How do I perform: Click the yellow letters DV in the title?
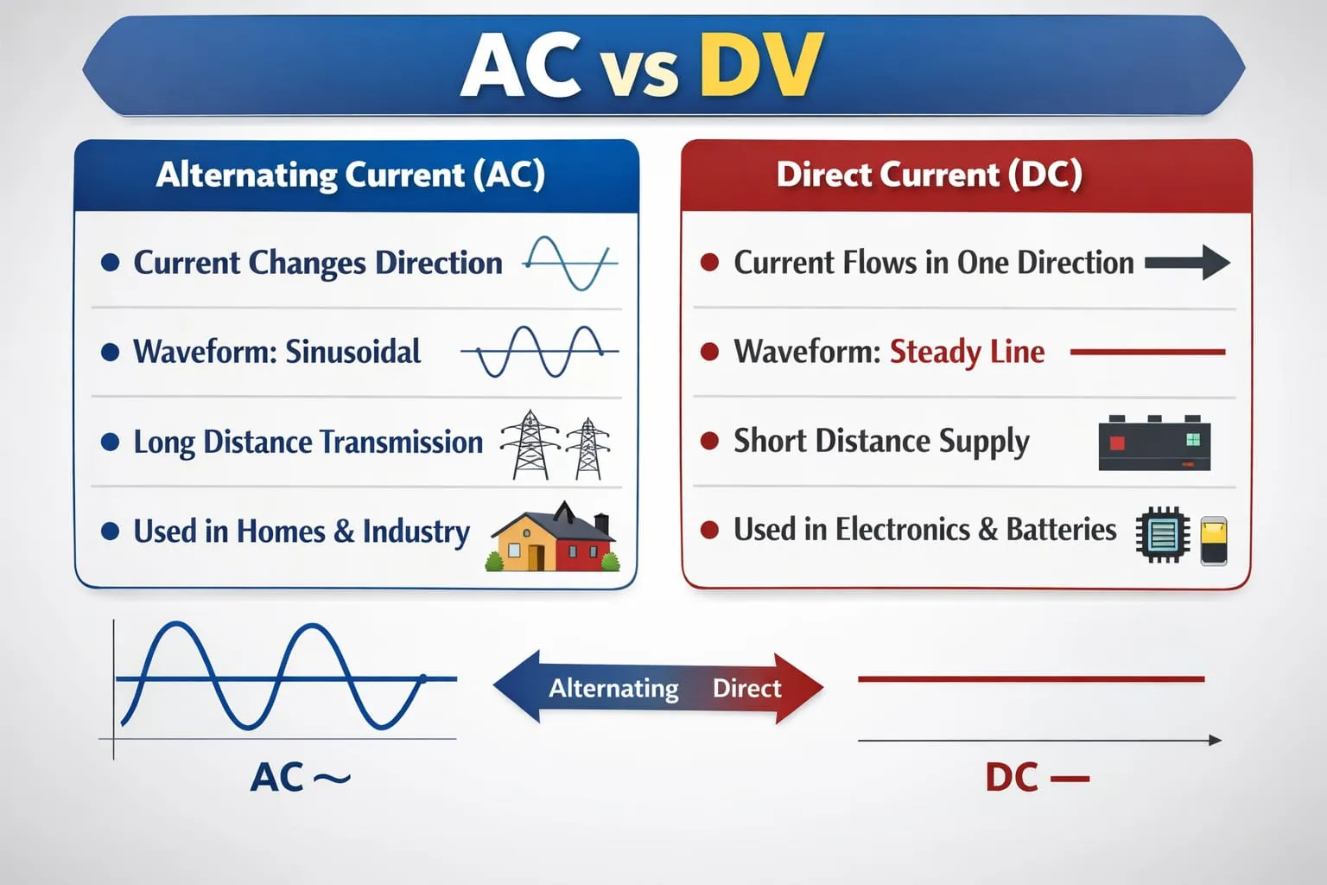[x=761, y=64]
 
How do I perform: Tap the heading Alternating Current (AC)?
[x=351, y=175]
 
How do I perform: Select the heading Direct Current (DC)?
[x=930, y=175]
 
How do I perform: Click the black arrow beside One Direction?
[x=1187, y=262]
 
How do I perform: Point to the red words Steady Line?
[x=968, y=352]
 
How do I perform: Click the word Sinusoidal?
[x=353, y=351]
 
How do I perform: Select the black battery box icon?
[x=1154, y=442]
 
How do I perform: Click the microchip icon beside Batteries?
[x=1162, y=534]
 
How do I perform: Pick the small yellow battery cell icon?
[x=1214, y=541]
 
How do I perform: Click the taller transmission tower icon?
[x=530, y=444]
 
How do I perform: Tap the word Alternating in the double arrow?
[x=613, y=688]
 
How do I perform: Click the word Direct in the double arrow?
[x=747, y=688]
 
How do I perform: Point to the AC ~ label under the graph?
[x=301, y=777]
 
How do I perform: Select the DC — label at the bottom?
[x=1038, y=777]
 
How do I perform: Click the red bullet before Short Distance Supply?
[x=709, y=441]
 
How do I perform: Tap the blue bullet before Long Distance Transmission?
[x=111, y=442]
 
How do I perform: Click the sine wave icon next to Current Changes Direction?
[x=570, y=264]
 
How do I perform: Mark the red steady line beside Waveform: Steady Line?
[x=1147, y=352]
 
